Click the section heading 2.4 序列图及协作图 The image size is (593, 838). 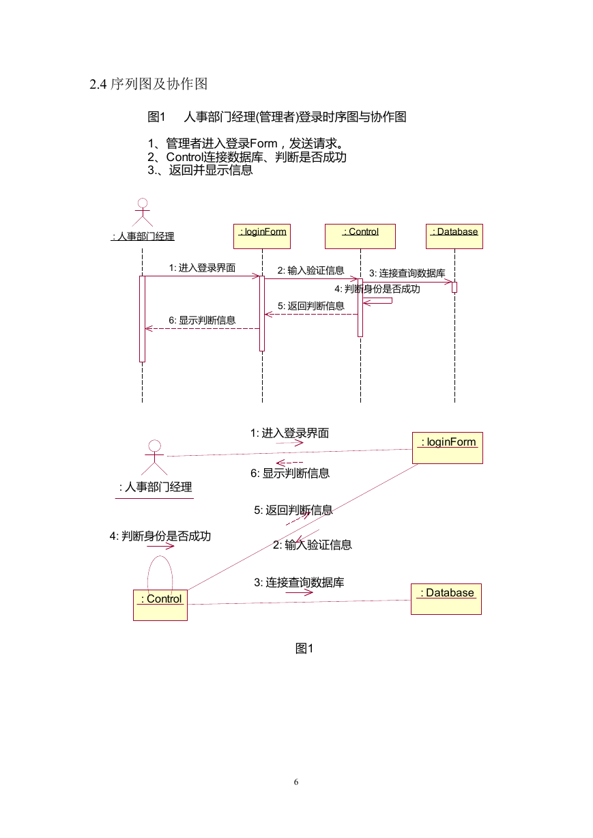click(x=148, y=84)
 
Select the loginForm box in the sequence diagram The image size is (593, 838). click(x=262, y=236)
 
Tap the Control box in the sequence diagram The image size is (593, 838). click(x=360, y=236)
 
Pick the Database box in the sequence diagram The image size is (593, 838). click(x=454, y=236)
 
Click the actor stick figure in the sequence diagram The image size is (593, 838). click(x=143, y=212)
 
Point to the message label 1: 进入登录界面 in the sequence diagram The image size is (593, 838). click(x=202, y=268)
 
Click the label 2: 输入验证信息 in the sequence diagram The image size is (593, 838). click(x=310, y=270)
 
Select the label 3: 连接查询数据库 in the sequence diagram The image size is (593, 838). click(x=407, y=273)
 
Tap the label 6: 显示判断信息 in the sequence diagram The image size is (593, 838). click(x=202, y=320)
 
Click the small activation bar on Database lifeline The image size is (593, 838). click(x=454, y=287)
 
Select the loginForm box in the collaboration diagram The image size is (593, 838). click(x=448, y=448)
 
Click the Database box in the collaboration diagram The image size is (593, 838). click(x=446, y=599)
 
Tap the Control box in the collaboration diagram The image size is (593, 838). click(x=160, y=605)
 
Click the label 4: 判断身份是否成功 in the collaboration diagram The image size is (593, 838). click(x=160, y=536)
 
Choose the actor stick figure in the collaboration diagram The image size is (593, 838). click(x=154, y=457)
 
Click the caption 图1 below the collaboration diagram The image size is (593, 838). click(x=304, y=648)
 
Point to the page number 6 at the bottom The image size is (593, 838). click(x=296, y=782)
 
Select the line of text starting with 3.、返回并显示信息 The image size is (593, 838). click(x=200, y=170)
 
